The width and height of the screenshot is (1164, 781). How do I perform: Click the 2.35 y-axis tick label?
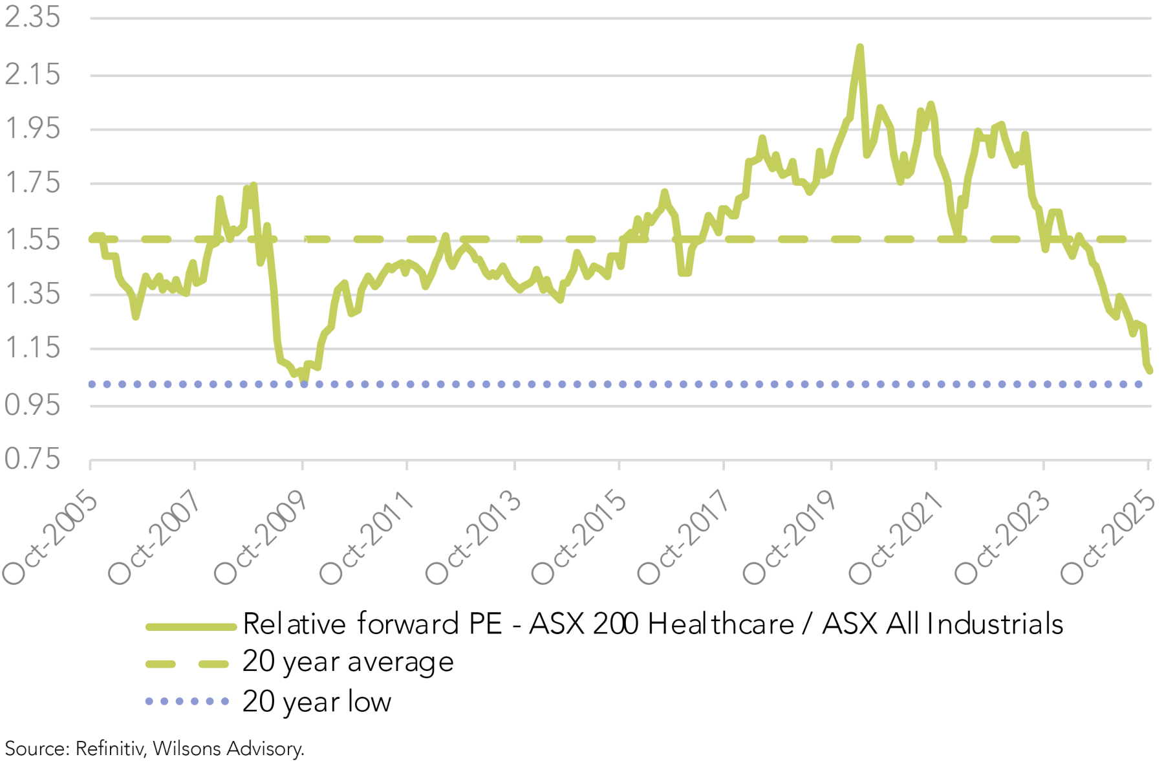tap(32, 17)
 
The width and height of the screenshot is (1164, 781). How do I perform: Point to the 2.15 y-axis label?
tap(32, 74)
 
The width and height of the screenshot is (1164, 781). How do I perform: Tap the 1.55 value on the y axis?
tap(32, 239)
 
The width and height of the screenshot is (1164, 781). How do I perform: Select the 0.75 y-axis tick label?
tap(32, 459)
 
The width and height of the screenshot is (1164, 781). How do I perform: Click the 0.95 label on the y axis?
tap(32, 405)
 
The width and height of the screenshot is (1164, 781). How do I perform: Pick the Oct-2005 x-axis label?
tap(50, 538)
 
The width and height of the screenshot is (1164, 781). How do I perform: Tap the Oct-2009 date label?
tap(261, 538)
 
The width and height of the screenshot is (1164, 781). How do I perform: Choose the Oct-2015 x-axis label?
tap(578, 538)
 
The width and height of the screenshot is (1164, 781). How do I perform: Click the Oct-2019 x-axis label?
tap(790, 538)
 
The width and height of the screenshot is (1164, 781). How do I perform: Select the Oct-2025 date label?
tap(1108, 538)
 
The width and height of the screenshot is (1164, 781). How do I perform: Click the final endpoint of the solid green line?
tap(1150, 370)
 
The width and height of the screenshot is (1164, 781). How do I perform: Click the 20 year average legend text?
tap(348, 662)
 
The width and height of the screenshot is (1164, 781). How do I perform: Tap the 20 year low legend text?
tap(317, 701)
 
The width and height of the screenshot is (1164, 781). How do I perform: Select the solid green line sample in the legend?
tap(191, 626)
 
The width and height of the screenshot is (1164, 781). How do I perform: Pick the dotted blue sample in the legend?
tap(187, 701)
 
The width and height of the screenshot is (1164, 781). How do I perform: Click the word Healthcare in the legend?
tap(720, 624)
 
